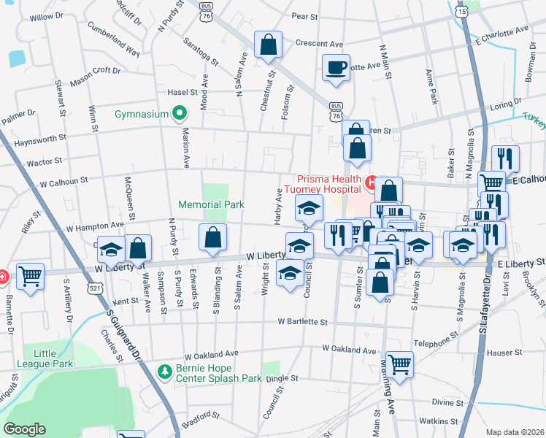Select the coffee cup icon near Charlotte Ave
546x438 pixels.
click(336, 68)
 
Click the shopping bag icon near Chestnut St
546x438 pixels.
click(268, 44)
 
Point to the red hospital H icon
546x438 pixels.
click(370, 181)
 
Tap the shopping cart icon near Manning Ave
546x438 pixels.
click(399, 364)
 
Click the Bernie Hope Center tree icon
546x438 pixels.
click(164, 370)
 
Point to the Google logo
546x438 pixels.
click(23, 429)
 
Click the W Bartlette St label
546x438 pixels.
click(299, 321)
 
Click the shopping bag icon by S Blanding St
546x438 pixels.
click(212, 237)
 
